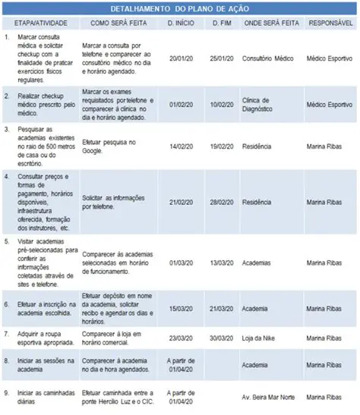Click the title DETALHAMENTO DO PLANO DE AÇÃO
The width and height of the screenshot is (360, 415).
180,8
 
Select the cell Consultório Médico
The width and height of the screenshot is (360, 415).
267,58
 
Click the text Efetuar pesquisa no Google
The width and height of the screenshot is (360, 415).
110,142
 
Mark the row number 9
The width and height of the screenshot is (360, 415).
6,392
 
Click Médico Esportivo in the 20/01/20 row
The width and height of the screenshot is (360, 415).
330,58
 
